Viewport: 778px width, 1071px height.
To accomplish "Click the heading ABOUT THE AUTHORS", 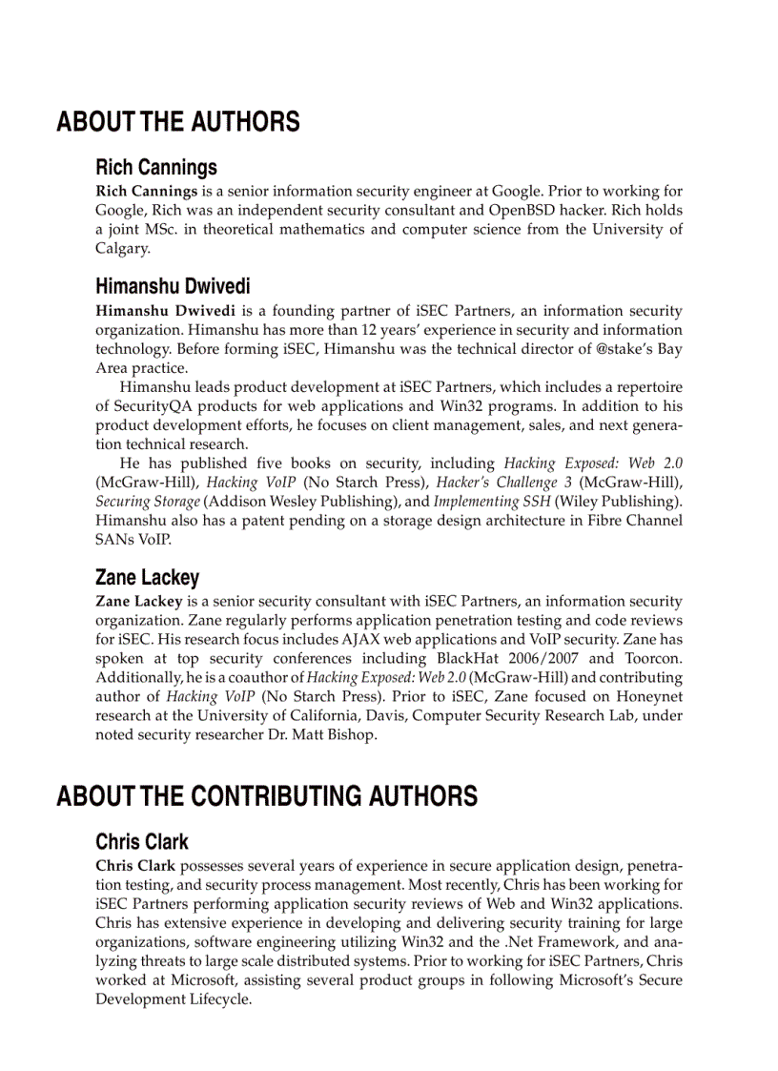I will click(x=177, y=122).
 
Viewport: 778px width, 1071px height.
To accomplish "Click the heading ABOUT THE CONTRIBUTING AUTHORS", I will click(x=267, y=796).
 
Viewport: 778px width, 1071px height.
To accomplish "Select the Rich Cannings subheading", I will click(x=156, y=168).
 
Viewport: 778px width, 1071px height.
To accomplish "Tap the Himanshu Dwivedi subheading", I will click(x=173, y=287).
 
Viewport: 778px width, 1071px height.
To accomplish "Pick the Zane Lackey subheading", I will click(x=148, y=578).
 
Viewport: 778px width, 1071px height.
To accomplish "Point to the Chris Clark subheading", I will click(x=142, y=842).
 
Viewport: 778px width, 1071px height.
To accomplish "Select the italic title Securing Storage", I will click(x=148, y=502).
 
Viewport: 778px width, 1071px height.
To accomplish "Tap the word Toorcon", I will click(x=653, y=658).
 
